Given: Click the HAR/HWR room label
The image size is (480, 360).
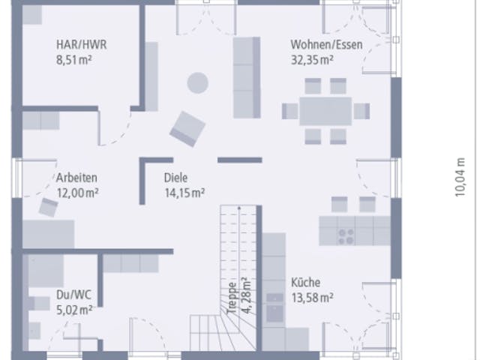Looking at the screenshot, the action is coord(82,45).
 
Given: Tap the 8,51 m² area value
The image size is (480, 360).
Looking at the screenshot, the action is coord(73,59).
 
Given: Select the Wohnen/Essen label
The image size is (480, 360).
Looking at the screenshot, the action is coord(327,45).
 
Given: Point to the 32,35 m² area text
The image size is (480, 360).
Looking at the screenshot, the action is coord(312,60).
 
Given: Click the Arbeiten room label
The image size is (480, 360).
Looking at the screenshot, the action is coord(76,178).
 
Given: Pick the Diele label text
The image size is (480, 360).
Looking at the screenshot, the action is coord(175,178).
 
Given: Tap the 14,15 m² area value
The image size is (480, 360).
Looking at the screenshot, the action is coord(184,193).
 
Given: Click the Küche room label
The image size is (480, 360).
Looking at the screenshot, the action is coord(305,282).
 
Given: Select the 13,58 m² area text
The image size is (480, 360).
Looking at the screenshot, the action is coord(312,297).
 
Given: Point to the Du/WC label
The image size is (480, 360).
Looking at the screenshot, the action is coord(73,295).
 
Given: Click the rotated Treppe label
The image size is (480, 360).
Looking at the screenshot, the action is coord(232,297).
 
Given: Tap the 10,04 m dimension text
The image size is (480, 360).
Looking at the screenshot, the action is coord(460,177).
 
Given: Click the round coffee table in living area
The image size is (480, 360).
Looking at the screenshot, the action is coord(198,82).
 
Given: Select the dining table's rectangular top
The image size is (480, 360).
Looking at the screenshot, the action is coord(325,111).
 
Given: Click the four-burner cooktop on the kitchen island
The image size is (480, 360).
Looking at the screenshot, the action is coord(346,237).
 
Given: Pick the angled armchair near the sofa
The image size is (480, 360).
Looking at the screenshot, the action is coord(187,129).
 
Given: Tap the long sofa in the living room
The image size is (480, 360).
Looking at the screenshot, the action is coord(247,77).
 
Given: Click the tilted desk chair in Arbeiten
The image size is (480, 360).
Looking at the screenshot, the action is coord(48,208).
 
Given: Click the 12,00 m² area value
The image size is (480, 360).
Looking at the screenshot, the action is coord(77,193).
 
